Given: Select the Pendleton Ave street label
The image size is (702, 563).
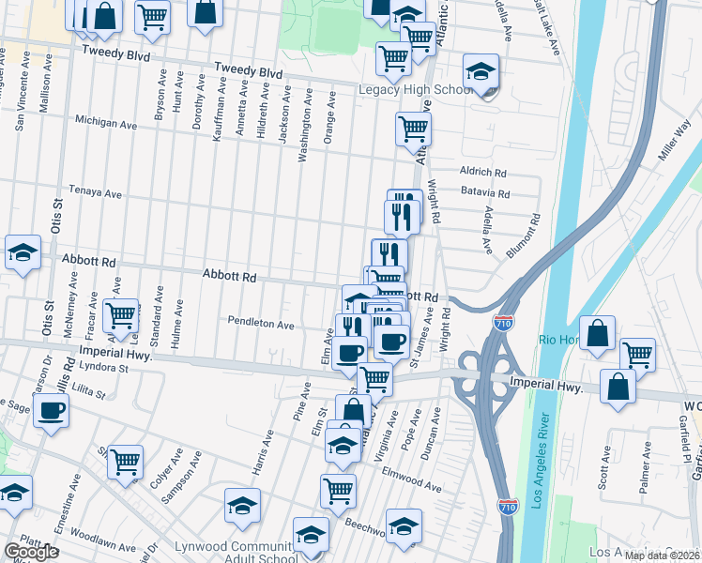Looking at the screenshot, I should pyautogui.click(x=261, y=324).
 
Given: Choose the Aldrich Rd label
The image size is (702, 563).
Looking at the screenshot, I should pyautogui.click(x=482, y=173).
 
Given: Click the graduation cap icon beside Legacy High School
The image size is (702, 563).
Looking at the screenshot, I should pyautogui.click(x=481, y=72).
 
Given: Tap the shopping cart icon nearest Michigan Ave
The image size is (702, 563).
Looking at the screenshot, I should pyautogui.click(x=413, y=129).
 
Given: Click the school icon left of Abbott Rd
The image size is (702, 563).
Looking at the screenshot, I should pyautogui.click(x=23, y=252).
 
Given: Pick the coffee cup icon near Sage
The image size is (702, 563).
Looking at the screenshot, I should pyautogui.click(x=51, y=409).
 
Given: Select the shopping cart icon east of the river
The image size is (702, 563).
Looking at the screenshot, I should pyautogui.click(x=637, y=355).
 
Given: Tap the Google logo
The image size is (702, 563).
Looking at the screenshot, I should pyautogui.click(x=31, y=552).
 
